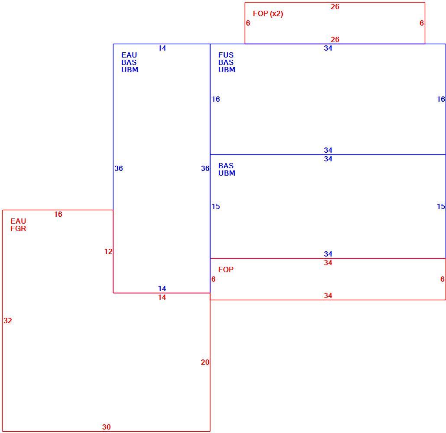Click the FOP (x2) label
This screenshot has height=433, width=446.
click(x=268, y=14)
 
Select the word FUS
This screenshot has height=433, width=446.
click(x=226, y=55)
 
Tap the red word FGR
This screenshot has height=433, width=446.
click(x=18, y=228)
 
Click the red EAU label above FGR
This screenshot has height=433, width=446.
click(x=18, y=221)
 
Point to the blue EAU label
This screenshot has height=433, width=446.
click(x=129, y=55)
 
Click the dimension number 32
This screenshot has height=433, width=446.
click(x=8, y=321)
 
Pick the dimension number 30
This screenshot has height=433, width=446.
click(x=107, y=427)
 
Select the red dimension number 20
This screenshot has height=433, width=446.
click(x=205, y=362)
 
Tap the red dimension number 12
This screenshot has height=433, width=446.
click(x=108, y=251)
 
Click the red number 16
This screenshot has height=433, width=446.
click(x=58, y=214)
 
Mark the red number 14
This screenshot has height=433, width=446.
click(x=162, y=298)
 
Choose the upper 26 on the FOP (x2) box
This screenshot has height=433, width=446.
click(x=335, y=6)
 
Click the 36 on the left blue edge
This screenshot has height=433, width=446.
click(x=119, y=168)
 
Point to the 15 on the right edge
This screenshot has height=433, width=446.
click(x=441, y=207)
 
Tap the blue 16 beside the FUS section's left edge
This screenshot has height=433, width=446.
click(x=216, y=99)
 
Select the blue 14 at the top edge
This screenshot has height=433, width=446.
click(x=162, y=48)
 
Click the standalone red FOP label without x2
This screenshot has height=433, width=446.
click(x=226, y=269)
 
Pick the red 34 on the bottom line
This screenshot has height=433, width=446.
click(x=328, y=296)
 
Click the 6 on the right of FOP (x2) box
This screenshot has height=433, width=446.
click(x=422, y=23)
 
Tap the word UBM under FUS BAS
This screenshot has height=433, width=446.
click(x=227, y=70)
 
